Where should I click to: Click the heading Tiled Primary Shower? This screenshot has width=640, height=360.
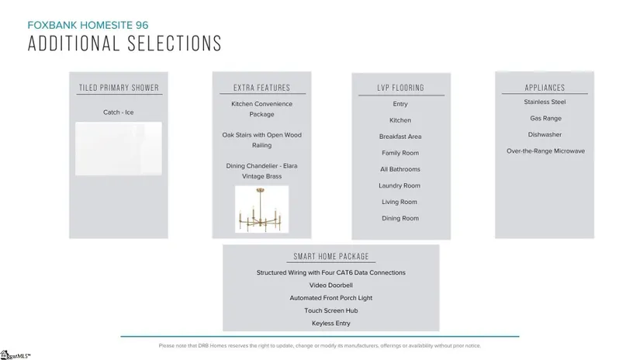click(119, 88)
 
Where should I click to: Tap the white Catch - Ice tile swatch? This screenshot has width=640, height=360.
click(119, 147)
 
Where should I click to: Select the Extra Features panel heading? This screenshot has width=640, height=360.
click(261, 88)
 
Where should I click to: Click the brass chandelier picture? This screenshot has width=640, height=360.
click(261, 209)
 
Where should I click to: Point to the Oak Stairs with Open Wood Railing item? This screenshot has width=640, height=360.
click(261, 140)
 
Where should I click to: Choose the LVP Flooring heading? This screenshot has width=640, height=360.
click(400, 88)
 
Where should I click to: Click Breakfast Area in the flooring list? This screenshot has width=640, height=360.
click(400, 137)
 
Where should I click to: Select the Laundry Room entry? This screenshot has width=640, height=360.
click(400, 185)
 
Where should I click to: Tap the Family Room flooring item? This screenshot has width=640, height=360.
click(400, 153)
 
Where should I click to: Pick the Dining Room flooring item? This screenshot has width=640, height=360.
click(400, 218)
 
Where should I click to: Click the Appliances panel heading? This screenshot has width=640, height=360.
click(545, 88)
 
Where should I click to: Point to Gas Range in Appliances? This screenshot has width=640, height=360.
click(545, 118)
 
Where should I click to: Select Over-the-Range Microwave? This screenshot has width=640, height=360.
click(545, 151)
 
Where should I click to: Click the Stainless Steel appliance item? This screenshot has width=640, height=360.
click(545, 102)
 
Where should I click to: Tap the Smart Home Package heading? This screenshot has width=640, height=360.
click(330, 257)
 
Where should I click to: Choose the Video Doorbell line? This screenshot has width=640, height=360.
click(330, 285)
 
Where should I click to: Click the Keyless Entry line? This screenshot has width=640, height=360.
click(330, 323)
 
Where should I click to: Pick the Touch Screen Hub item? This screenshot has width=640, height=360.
click(330, 310)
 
